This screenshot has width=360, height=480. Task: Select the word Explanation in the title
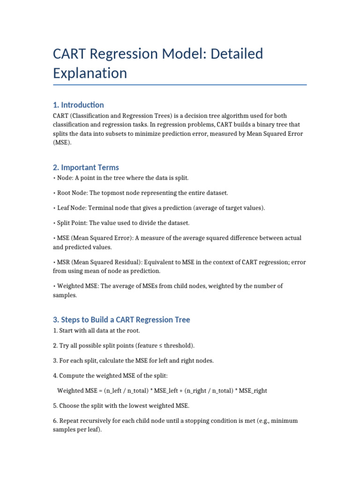pos(90,73)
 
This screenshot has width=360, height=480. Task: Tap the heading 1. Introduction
pos(78,105)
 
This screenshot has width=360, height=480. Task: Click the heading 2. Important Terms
pos(86,167)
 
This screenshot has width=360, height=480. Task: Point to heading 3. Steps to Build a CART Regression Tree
pos(121,320)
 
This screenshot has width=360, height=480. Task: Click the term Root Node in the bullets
pos(74,193)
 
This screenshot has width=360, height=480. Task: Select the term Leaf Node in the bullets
pos(73,208)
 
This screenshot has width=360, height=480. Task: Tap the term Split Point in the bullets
pos(74,223)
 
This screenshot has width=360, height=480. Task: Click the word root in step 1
pos(127,330)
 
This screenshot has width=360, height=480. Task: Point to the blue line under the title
pos(180,85)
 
